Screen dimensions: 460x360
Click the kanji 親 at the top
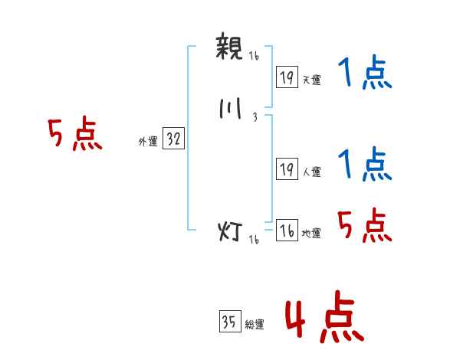229,47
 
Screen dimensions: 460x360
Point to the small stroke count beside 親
254,56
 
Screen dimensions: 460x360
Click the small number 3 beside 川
254,118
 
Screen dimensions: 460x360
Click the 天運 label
311,80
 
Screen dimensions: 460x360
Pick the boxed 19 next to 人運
287,169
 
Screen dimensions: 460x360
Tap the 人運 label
311,172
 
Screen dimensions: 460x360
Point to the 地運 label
311,234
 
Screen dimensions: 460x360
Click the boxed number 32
173,139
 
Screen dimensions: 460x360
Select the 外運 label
148,142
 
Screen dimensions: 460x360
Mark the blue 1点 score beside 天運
364,75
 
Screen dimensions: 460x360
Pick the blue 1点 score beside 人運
364,164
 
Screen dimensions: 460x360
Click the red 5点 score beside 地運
364,224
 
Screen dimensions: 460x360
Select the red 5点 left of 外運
74,136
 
